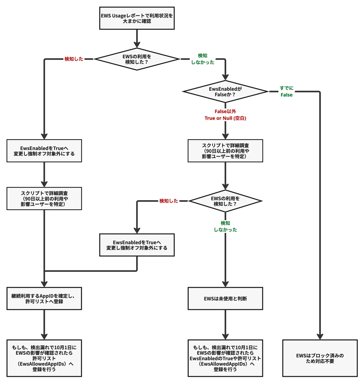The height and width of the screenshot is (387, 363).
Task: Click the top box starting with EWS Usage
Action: [x=137, y=18]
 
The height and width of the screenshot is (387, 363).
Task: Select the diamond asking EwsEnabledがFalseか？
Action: [x=225, y=91]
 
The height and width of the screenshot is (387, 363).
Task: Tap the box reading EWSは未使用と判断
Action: [x=225, y=298]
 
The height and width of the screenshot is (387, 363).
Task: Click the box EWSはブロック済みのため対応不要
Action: [x=320, y=358]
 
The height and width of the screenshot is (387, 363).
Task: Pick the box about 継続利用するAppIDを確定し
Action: [x=44, y=298]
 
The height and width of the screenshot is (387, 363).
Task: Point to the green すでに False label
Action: [x=286, y=91]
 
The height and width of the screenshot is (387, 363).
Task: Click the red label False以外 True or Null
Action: [x=225, y=115]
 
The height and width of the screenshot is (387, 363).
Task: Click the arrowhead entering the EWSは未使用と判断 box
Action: [x=225, y=284]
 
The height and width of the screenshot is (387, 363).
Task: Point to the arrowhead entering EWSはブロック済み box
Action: [x=320, y=337]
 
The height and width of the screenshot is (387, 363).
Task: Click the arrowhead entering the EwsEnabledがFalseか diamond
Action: [x=225, y=77]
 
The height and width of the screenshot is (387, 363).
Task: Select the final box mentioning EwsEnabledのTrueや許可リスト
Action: [x=225, y=358]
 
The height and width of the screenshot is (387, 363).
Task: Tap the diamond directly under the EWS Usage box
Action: [x=137, y=59]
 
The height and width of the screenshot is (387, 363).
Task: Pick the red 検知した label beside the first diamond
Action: [x=74, y=59]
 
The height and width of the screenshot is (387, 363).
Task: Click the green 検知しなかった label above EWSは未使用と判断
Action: [x=225, y=226]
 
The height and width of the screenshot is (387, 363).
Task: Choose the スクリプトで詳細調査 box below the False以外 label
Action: [x=225, y=151]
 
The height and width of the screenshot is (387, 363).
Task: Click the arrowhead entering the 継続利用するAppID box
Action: [x=44, y=284]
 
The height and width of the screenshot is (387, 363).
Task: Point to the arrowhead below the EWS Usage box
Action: [x=137, y=45]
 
